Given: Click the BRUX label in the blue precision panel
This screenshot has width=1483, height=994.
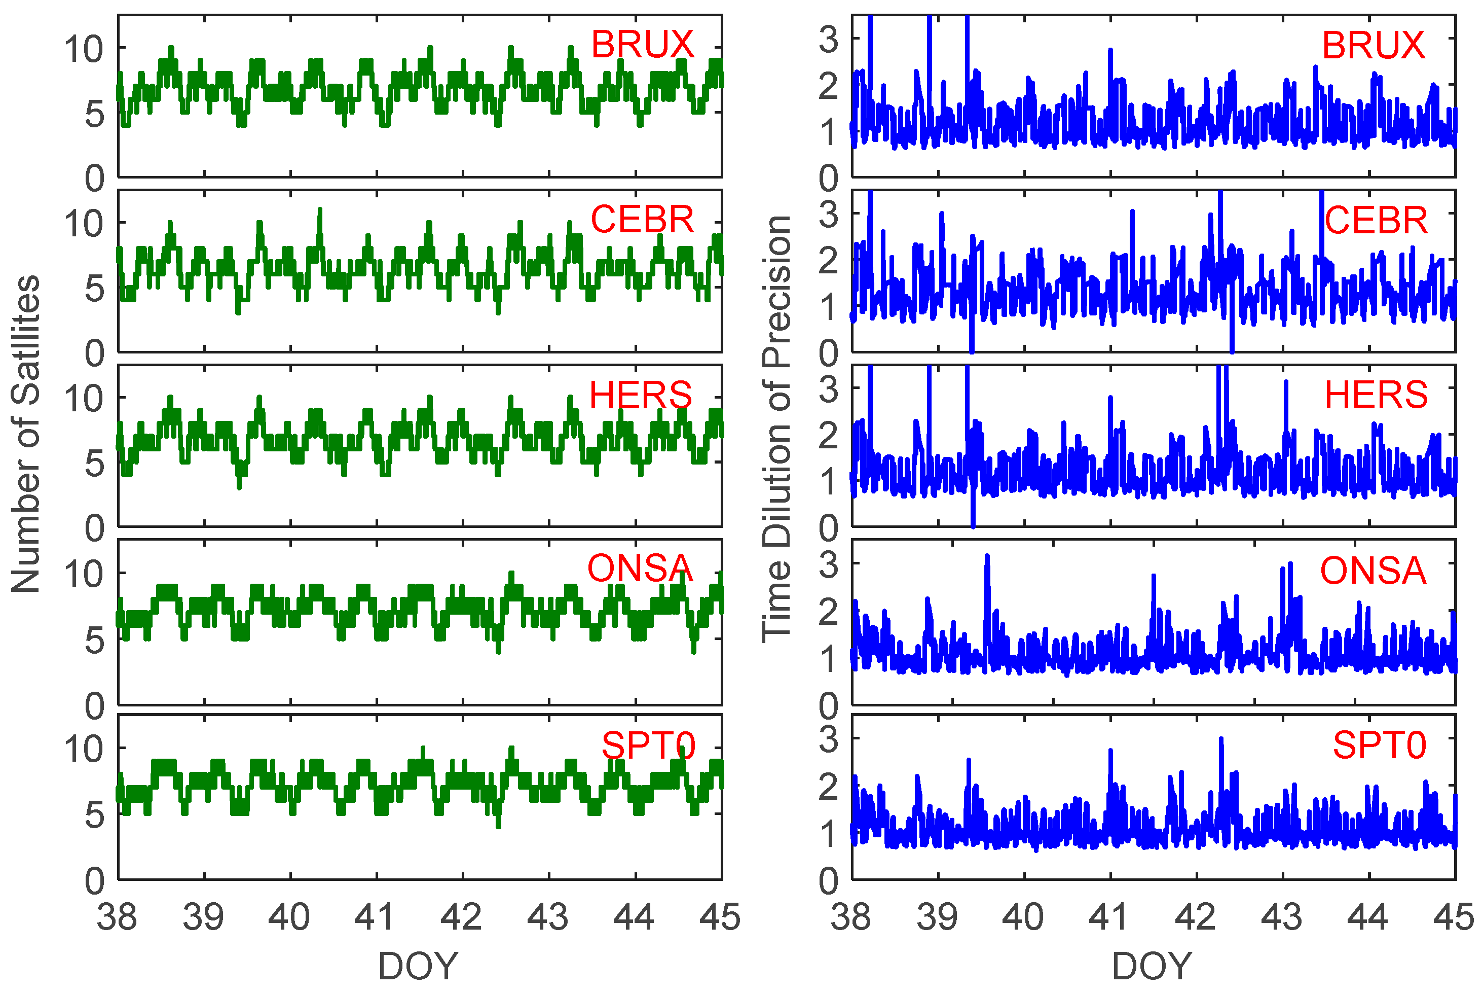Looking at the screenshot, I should click(x=1373, y=46).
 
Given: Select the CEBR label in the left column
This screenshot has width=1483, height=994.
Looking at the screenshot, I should click(x=642, y=220).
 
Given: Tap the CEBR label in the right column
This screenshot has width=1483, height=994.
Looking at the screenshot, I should click(x=1376, y=221).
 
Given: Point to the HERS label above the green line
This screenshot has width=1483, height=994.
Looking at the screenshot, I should click(x=641, y=396).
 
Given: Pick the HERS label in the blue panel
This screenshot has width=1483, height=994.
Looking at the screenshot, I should click(x=1376, y=395).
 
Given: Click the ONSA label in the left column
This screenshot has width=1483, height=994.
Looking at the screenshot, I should click(x=640, y=569).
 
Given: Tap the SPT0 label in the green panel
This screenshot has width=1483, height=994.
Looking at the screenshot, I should click(x=648, y=745).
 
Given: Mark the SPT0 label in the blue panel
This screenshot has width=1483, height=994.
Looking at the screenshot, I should click(x=1379, y=745).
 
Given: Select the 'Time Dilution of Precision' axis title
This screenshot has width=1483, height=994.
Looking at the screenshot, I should click(x=776, y=429).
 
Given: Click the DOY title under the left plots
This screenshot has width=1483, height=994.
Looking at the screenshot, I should click(x=418, y=967).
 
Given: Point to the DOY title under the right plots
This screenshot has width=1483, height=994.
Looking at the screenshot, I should click(x=1152, y=967).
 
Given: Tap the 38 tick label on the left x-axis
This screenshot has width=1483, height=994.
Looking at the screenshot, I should click(x=117, y=917).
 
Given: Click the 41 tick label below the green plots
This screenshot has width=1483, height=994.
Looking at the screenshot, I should click(x=375, y=917).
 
